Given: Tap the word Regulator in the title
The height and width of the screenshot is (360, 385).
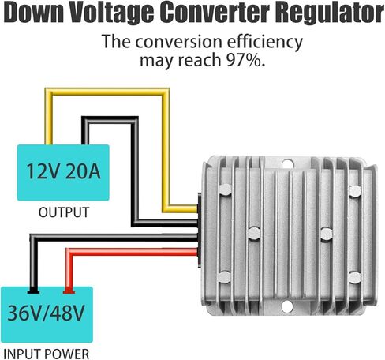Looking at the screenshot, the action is click(331, 13).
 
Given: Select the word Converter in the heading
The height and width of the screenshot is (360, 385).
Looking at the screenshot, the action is click(215, 12).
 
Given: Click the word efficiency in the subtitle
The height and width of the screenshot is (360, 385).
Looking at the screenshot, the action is click(264, 42).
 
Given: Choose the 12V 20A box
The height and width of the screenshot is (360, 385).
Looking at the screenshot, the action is click(63, 173).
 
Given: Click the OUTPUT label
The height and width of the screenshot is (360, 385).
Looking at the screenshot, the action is click(64, 212).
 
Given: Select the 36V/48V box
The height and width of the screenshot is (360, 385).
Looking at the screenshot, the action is click(47, 314).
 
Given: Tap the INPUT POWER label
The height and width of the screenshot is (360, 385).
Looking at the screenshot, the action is click(47, 354).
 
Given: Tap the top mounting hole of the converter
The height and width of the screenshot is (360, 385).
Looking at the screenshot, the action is click(288, 164).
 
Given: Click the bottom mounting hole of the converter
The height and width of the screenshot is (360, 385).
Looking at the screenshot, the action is click(286, 306).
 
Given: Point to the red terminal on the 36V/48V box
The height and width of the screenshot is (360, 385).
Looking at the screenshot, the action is click(69, 291).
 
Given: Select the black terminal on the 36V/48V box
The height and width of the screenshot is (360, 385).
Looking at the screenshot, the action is click(33, 291).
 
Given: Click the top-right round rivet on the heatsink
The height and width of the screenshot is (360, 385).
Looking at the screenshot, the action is click(355, 191).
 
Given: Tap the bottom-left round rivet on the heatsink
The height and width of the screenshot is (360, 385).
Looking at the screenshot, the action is click(224, 277).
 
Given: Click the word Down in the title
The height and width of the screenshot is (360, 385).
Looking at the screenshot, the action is click(34, 13).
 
